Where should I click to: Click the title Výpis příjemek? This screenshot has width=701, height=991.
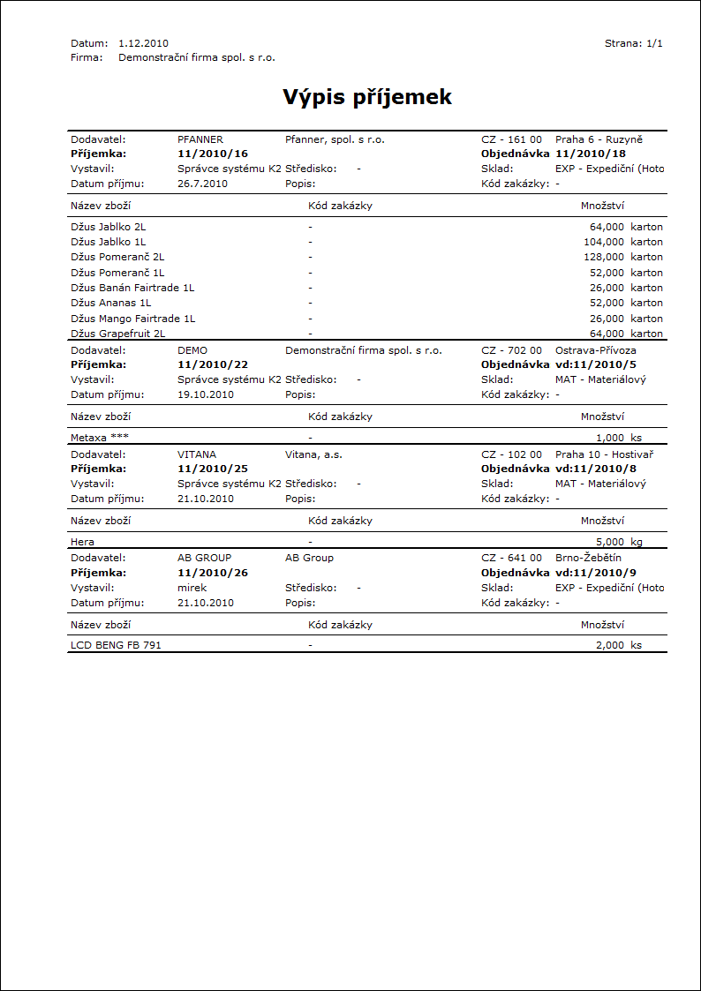(x=367, y=97)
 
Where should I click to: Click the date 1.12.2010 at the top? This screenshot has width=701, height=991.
(x=143, y=43)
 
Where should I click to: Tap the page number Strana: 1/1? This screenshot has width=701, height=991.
(x=633, y=43)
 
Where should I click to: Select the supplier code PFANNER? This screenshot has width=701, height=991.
(x=200, y=139)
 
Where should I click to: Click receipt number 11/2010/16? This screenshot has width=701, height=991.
(x=213, y=154)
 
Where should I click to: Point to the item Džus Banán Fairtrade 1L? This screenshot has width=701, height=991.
(x=132, y=288)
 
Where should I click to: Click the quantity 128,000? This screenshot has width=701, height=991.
(x=607, y=257)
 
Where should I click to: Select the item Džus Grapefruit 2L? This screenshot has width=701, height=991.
(x=117, y=334)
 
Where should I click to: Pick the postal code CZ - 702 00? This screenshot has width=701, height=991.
(x=511, y=350)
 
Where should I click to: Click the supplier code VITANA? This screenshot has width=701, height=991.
(x=197, y=454)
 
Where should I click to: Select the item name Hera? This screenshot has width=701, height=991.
(x=82, y=541)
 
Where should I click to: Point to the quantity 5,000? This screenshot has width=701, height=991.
(x=610, y=541)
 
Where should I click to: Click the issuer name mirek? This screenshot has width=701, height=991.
(x=192, y=588)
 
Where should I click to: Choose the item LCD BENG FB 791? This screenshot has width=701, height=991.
(x=116, y=645)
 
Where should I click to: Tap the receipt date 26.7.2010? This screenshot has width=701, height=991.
(x=202, y=184)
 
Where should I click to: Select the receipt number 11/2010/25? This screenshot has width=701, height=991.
(x=213, y=469)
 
